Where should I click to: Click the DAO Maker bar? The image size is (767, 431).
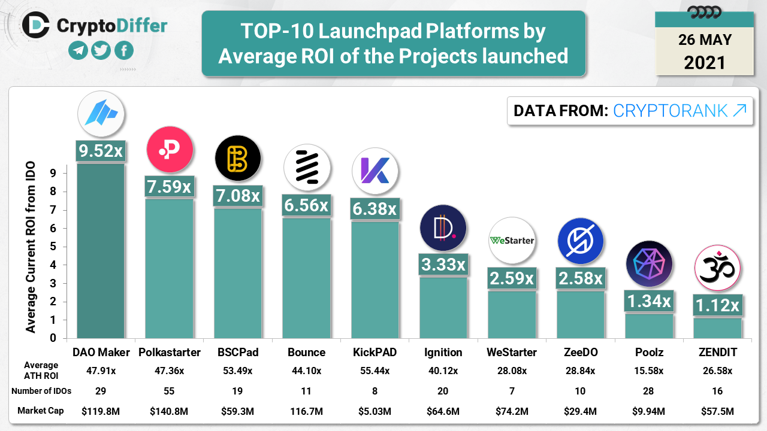click(x=101, y=251)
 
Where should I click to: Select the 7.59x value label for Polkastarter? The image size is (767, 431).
click(x=170, y=186)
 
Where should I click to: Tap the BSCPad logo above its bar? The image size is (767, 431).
click(x=238, y=159)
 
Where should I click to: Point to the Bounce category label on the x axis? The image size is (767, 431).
click(x=306, y=352)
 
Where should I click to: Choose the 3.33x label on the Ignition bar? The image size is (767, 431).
click(x=443, y=264)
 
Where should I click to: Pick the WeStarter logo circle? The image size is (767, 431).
click(x=512, y=241)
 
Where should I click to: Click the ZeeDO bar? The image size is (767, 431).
click(x=581, y=314)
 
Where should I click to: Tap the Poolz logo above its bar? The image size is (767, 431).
click(x=649, y=265)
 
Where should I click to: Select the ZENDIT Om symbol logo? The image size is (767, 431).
click(x=717, y=268)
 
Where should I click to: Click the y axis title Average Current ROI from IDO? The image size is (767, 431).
click(x=31, y=247)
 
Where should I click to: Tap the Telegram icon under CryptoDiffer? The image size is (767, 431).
click(x=77, y=51)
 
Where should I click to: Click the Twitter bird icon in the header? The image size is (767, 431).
click(x=101, y=51)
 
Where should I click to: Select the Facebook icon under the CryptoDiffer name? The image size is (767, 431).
click(x=124, y=51)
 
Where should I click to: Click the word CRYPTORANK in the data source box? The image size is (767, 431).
click(x=670, y=110)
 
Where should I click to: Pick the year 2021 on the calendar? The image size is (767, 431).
click(x=704, y=62)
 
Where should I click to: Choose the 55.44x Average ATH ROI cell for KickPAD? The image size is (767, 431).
click(x=375, y=371)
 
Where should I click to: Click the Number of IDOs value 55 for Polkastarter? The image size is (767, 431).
click(x=170, y=391)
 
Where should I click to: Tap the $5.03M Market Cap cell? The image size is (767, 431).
click(x=375, y=411)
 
